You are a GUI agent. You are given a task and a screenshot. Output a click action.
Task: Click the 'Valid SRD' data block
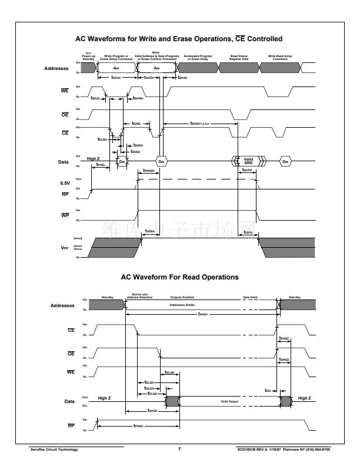(248, 161)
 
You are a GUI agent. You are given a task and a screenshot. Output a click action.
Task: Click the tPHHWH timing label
(148, 171)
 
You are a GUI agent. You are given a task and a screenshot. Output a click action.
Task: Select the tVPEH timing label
(149, 232)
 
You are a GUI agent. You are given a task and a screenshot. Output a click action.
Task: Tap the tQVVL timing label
(248, 232)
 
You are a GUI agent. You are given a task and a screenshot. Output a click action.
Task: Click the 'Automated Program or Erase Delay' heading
(199, 58)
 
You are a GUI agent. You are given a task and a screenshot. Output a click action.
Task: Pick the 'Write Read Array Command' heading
(280, 58)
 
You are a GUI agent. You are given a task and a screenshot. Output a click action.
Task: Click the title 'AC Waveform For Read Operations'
(179, 277)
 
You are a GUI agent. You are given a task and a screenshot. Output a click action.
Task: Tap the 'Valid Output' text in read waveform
(230, 402)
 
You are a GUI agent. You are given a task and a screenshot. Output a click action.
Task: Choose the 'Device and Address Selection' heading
(139, 295)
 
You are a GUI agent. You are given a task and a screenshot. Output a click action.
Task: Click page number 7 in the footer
(179, 450)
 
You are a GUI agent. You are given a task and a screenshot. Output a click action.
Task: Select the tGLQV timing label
(170, 373)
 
